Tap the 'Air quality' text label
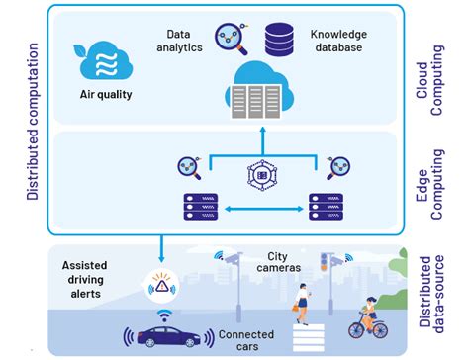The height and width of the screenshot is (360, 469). (x=105, y=97)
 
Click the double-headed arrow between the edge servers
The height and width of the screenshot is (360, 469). (x=262, y=210)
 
